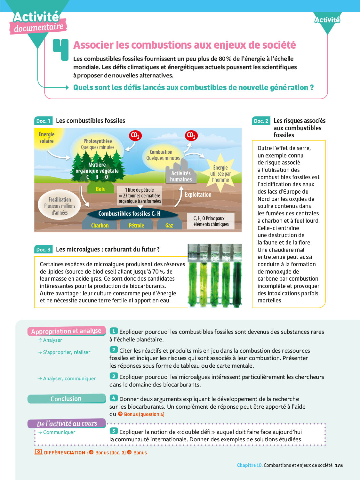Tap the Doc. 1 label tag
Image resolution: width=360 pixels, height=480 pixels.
43,121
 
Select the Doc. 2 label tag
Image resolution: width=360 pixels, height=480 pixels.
261,121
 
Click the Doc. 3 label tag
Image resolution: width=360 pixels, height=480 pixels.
43,250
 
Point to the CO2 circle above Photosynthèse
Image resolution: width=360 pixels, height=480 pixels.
135,135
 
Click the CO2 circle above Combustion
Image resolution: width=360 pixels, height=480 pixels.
191,135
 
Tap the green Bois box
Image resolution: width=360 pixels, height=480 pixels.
100,189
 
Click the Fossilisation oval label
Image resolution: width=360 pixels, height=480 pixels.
60,206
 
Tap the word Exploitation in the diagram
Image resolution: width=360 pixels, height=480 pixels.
198,195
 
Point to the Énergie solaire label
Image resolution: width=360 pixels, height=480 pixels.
46,138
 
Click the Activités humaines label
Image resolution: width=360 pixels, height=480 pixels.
181,176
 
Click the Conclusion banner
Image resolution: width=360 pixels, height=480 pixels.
66,399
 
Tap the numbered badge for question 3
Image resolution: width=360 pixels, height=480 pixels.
114,376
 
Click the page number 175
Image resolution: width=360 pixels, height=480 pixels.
339,465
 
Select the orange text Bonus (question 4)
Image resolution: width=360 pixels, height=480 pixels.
144,414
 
